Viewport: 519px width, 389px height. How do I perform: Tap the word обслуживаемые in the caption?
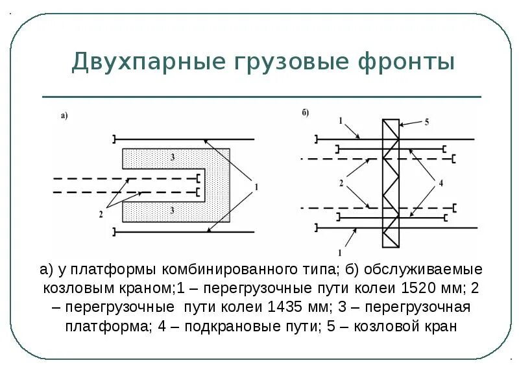422,268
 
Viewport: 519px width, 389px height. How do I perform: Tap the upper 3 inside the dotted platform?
172,158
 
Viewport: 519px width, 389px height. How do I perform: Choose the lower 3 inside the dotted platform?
172,209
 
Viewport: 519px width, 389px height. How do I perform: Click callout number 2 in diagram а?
101,213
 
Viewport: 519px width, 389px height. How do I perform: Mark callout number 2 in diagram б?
341,183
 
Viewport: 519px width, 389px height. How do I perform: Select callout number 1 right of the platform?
256,187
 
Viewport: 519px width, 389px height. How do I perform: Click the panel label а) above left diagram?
64,116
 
